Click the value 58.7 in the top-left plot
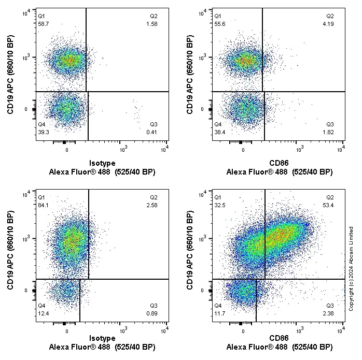pos(43,24)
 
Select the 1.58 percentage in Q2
pos(152,24)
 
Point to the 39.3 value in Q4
pos(43,132)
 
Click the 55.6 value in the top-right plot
pos(219,24)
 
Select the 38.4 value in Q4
pos(219,132)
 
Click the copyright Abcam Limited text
pos(351,268)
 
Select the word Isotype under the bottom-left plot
pos(102,338)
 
